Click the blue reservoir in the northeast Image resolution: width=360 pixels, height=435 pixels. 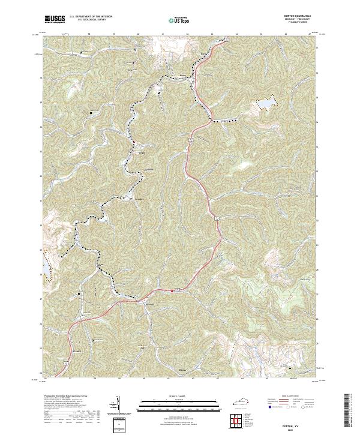pos(263,105)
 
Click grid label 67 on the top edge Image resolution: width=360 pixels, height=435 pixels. pos(310,34)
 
